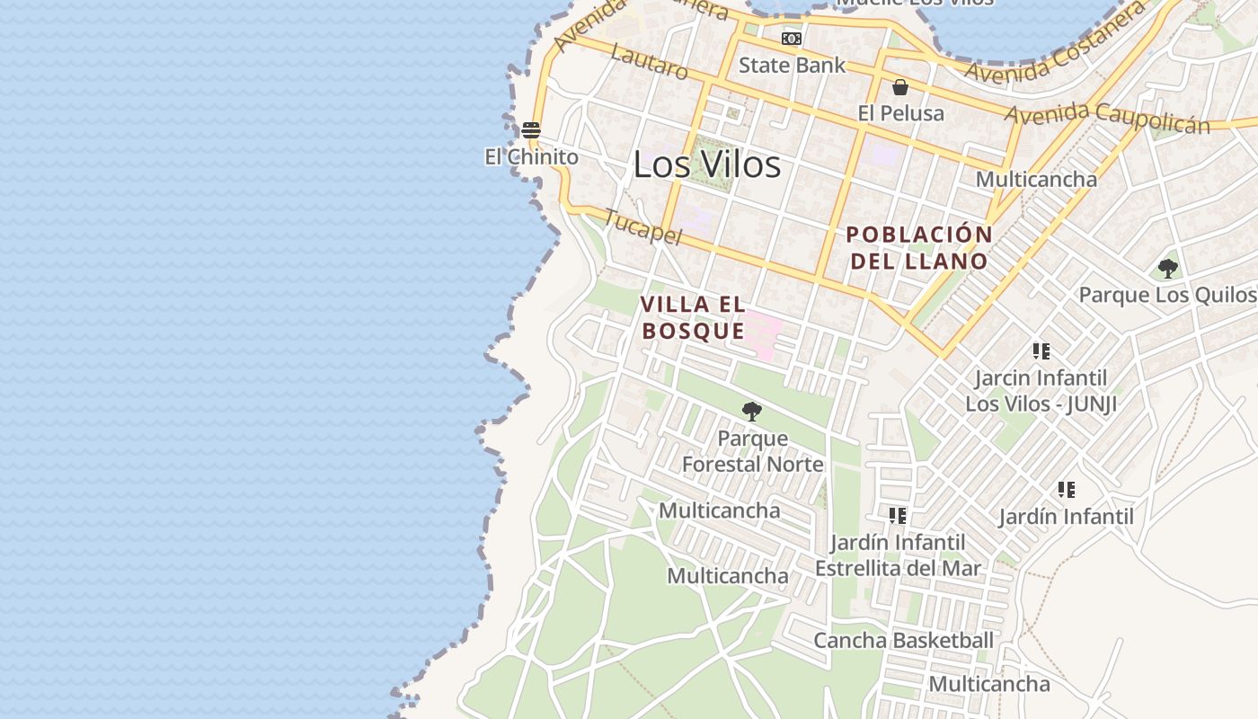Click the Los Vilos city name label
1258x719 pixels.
tap(706, 164)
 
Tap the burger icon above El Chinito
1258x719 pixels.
tap(531, 130)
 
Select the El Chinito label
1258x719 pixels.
tap(531, 156)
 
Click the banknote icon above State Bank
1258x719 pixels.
tap(792, 39)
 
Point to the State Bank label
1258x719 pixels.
tap(792, 65)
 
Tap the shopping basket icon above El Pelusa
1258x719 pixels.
tap(900, 87)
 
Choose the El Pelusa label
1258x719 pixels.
tap(900, 113)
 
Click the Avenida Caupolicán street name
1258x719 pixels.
tap(1107, 118)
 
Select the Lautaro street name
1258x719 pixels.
tap(649, 60)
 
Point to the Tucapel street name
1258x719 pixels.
tap(642, 227)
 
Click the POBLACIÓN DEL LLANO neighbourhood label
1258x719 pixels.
tap(919, 248)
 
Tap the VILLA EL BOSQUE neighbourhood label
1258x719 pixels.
tap(693, 317)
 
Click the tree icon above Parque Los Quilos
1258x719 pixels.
tap(1167, 268)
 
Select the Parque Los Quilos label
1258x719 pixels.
tap(1166, 295)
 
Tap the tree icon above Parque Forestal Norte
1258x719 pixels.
tap(752, 412)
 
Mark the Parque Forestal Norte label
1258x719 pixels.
tap(752, 451)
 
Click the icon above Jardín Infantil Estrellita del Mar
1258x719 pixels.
tap(897, 516)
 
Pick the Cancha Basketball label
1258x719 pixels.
tap(903, 640)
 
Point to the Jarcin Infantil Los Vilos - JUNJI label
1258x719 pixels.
tap(1041, 391)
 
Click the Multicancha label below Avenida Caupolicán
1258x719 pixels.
tap(1036, 179)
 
